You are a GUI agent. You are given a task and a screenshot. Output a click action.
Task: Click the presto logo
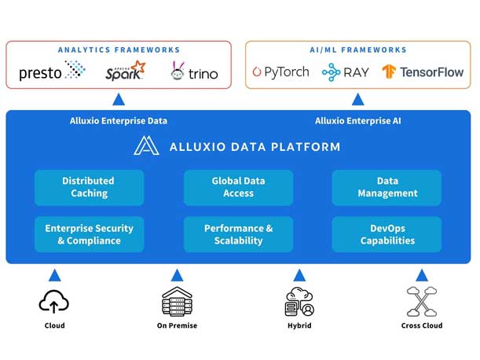click(52, 72)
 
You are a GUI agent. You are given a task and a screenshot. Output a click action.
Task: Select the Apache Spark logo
click(126, 72)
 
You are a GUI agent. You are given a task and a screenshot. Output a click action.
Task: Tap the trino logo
click(194, 73)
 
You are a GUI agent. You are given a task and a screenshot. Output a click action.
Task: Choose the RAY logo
click(345, 72)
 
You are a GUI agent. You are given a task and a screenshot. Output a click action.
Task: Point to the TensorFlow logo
click(423, 72)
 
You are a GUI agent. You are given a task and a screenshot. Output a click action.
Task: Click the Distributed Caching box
click(89, 187)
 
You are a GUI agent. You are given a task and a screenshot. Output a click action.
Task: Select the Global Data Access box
click(238, 187)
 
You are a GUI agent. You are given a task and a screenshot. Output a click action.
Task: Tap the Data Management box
click(387, 187)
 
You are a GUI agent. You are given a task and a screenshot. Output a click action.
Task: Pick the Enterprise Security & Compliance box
click(89, 234)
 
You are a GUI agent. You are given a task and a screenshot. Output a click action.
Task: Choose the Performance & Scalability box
click(238, 234)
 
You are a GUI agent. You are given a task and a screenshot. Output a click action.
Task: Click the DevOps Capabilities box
click(387, 234)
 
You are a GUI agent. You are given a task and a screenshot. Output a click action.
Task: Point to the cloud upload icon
click(54, 301)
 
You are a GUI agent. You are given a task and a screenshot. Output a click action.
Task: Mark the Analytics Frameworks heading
click(119, 50)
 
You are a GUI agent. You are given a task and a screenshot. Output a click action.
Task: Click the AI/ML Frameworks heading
click(357, 50)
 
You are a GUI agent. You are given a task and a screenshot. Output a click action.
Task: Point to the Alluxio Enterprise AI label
click(357, 121)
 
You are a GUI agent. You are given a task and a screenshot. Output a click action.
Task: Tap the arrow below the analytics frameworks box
click(119, 99)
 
